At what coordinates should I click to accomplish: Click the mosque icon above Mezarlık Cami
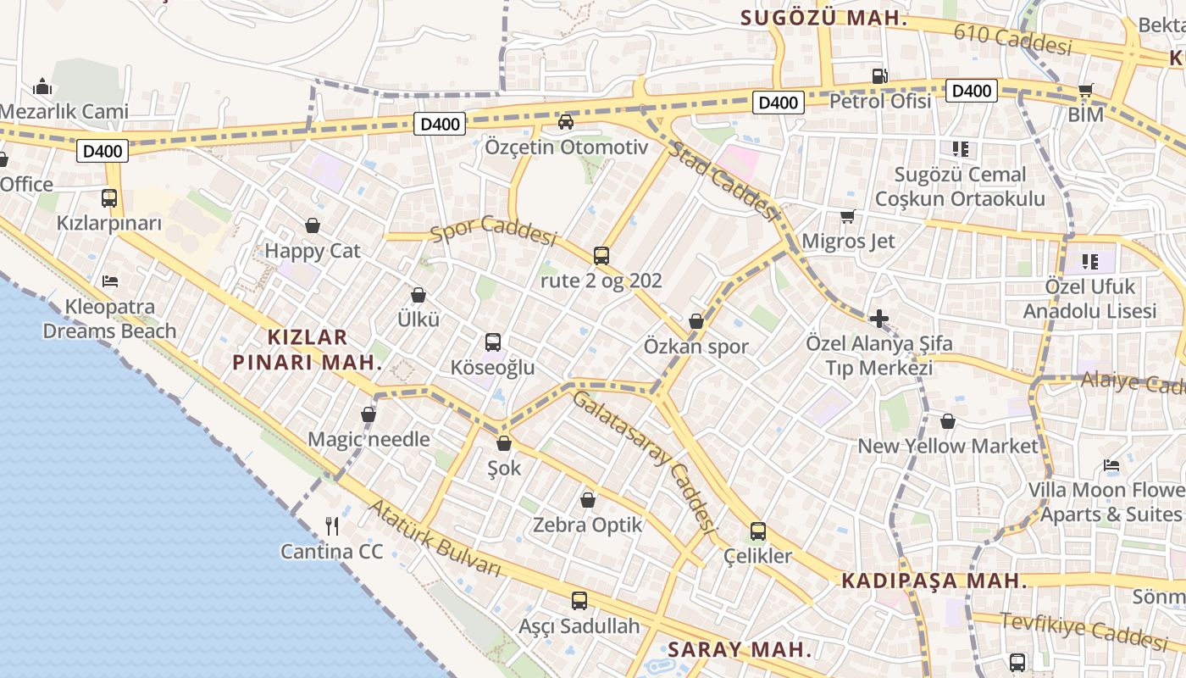click(42, 86)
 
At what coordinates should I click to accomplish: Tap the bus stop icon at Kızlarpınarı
click(109, 198)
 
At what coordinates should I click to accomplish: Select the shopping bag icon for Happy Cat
click(313, 225)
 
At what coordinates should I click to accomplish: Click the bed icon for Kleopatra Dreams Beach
click(109, 281)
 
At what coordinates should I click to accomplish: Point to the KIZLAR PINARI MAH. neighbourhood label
click(308, 350)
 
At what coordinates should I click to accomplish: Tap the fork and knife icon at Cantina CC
click(332, 526)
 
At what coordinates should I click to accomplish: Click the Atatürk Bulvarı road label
click(435, 537)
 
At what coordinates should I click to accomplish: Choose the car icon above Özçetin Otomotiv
click(566, 122)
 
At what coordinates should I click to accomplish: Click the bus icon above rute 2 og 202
click(601, 255)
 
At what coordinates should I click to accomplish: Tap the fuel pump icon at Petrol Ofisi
click(880, 76)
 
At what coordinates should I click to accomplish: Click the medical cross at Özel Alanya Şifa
click(879, 319)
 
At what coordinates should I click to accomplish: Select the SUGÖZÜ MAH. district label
click(823, 18)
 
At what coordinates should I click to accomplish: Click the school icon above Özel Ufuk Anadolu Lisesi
click(1089, 262)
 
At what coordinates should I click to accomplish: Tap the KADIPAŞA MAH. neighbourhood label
click(934, 581)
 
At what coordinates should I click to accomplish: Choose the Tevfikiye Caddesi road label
click(1083, 628)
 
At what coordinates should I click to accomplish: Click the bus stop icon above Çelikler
click(758, 531)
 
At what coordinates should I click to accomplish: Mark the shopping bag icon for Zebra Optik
click(588, 500)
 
